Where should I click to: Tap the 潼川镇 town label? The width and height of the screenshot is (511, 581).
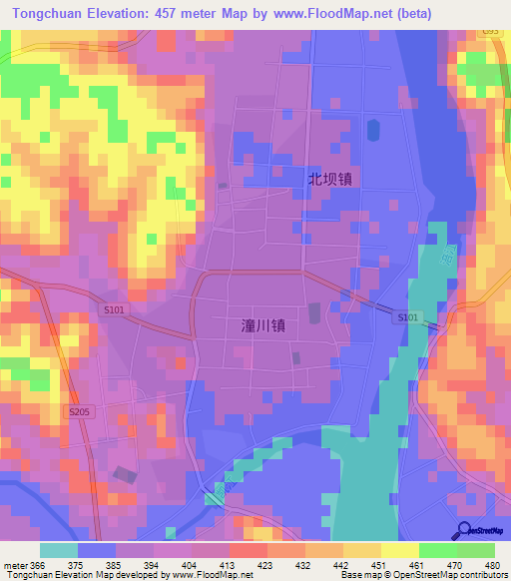tap(263, 325)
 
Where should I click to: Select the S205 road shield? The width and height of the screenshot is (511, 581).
tap(80, 411)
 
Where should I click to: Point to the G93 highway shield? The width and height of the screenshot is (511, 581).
tap(490, 33)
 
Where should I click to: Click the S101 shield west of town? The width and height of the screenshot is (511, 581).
tap(114, 310)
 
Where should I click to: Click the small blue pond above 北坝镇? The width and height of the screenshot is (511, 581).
tap(373, 130)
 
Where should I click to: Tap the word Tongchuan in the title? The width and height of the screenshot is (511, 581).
tap(48, 14)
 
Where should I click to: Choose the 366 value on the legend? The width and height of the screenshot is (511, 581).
tap(37, 564)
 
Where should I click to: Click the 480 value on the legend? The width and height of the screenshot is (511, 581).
tap(493, 564)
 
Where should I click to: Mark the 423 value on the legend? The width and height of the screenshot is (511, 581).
tap(265, 564)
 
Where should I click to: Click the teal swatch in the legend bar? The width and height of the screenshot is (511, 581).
tap(59, 550)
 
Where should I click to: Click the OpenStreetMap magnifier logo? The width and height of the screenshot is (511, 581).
tap(463, 530)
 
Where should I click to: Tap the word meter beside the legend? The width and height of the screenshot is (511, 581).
tap(13, 564)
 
